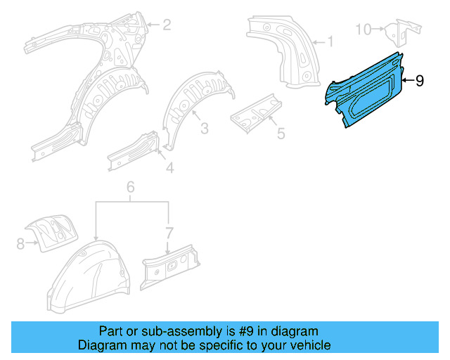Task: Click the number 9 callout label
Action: pyautogui.click(x=420, y=81)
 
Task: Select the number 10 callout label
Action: pyautogui.click(x=363, y=29)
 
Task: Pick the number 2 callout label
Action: pyautogui.click(x=167, y=25)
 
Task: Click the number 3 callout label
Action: pyautogui.click(x=204, y=128)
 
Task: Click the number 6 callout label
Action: pyautogui.click(x=130, y=187)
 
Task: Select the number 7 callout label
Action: pyautogui.click(x=168, y=232)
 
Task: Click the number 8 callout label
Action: pyautogui.click(x=20, y=243)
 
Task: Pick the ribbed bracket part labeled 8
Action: pyautogui.click(x=53, y=231)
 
